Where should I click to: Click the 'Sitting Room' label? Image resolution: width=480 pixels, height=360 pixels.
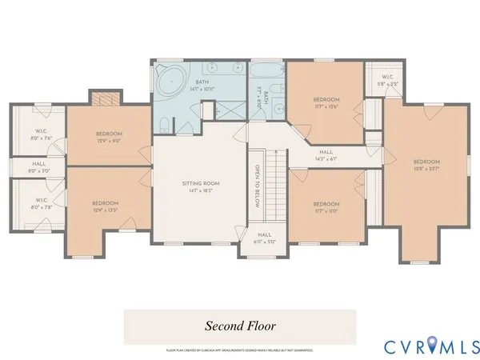pos(200,187)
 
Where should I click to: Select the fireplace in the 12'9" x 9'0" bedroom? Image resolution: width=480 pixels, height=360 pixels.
pos(106,98)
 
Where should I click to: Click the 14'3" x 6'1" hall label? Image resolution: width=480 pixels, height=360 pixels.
pos(326,155)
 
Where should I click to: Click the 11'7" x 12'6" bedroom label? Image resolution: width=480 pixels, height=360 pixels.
pos(326,102)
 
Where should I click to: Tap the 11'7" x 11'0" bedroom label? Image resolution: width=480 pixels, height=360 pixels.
pos(326,206)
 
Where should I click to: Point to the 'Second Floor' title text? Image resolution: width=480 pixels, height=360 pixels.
pos(240,326)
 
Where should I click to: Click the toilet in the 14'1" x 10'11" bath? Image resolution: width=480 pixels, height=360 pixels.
pos(164,124)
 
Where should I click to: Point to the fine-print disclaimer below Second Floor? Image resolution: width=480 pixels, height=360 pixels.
pos(240,350)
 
